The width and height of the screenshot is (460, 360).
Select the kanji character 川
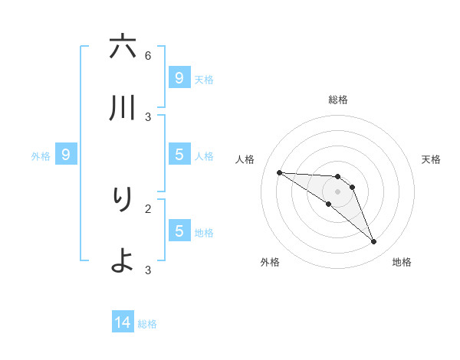[x=123, y=108]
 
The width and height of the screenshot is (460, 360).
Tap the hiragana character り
[x=123, y=198]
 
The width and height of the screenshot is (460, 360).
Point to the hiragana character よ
[x=123, y=260]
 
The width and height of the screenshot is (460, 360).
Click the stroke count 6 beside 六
[x=148, y=55]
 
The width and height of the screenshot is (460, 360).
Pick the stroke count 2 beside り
[x=148, y=208]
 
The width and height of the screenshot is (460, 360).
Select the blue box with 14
[x=123, y=322]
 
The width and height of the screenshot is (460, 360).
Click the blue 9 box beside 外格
[x=66, y=155]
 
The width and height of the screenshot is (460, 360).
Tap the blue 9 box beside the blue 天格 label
[x=179, y=77]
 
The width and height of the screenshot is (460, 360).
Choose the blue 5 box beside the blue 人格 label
[x=179, y=155]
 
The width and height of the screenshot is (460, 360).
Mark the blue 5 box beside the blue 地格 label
[x=179, y=230]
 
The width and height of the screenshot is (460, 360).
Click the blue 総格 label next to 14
[x=147, y=324]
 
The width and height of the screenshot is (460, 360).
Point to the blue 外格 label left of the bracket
[x=41, y=156]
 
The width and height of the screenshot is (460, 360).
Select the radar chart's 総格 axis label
[x=338, y=100]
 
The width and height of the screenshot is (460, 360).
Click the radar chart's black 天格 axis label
[x=432, y=159]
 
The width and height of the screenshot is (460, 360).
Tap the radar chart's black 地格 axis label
[x=402, y=262]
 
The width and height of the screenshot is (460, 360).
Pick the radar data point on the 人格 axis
[x=279, y=172]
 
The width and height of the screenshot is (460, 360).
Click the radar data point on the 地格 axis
[x=373, y=242]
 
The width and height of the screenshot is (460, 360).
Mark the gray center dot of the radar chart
[x=337, y=191]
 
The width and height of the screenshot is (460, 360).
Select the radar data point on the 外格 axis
[x=328, y=204]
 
